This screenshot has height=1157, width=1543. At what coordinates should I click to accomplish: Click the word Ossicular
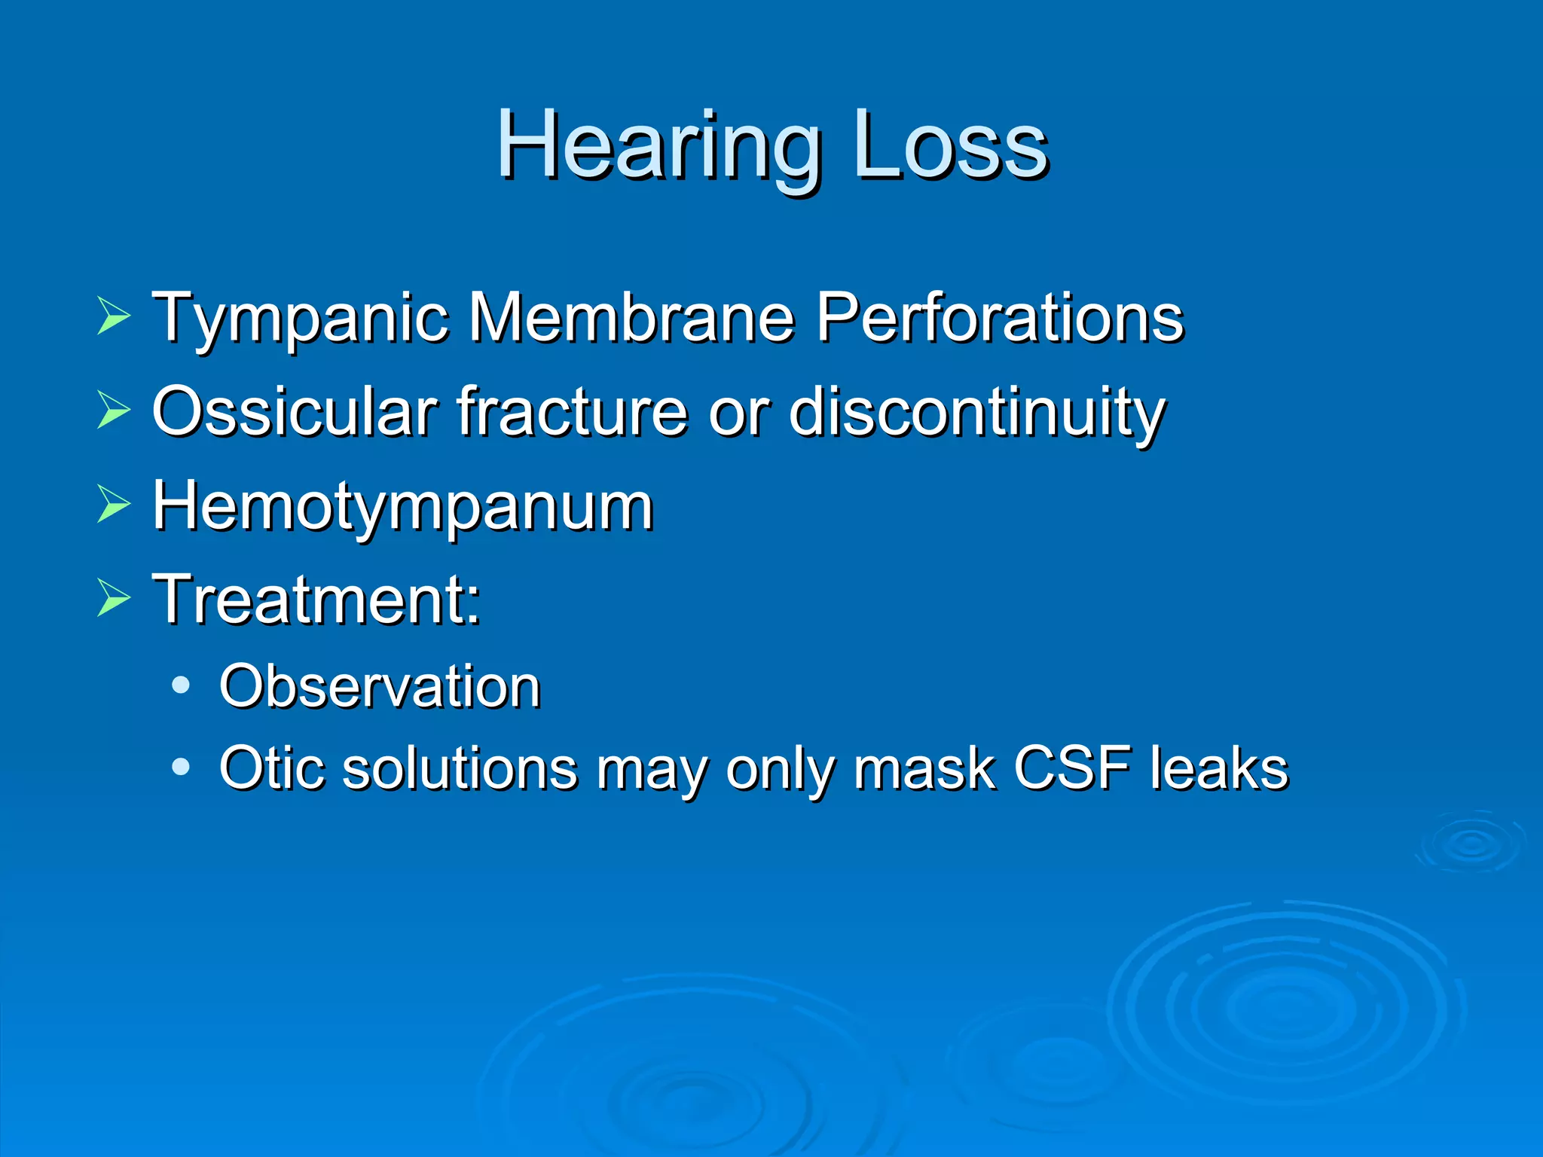pos(295,412)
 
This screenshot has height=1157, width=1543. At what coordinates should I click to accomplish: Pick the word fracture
pos(573,412)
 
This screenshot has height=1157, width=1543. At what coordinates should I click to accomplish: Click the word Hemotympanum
pos(403,508)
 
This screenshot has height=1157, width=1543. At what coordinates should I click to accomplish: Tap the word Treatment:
pos(316,600)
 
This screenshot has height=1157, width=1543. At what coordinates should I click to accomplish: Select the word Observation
pos(380,686)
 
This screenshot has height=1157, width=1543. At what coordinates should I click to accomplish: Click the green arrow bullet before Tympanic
pos(113,317)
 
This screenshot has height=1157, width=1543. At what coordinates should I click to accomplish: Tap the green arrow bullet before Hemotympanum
pos(113,505)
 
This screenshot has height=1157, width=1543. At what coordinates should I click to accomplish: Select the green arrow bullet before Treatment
pos(113,599)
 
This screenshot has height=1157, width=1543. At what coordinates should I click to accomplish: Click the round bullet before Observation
pos(181,685)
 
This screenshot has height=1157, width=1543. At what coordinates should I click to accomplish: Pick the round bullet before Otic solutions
pos(181,767)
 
